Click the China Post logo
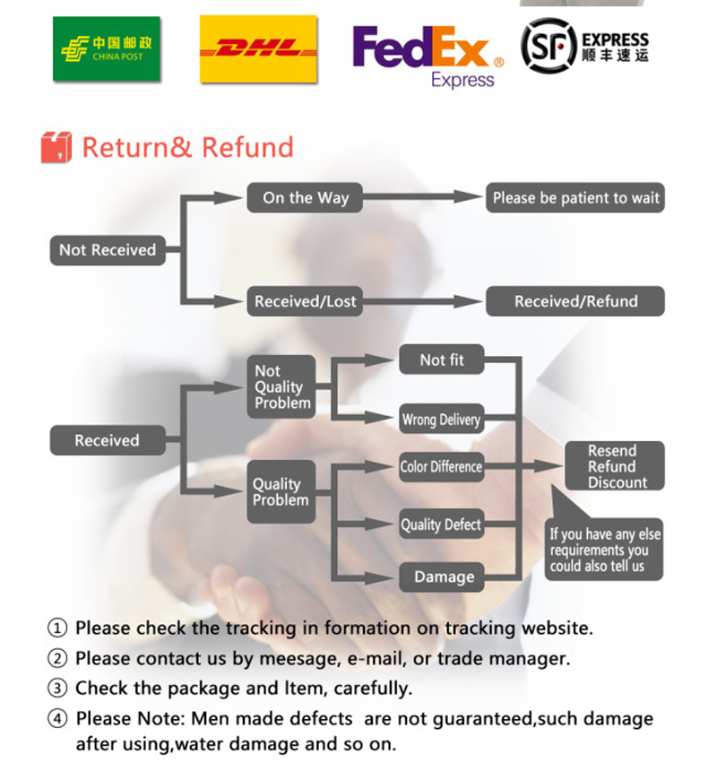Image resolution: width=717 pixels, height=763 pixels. (x=106, y=49)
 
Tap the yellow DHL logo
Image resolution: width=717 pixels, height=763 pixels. (x=258, y=49)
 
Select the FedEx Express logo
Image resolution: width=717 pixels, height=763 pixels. (x=428, y=54)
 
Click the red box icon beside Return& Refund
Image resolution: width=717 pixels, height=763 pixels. (x=56, y=147)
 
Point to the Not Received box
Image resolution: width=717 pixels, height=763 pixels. (x=107, y=250)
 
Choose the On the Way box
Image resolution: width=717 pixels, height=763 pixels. (x=305, y=198)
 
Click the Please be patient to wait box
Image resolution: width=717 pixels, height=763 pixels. (x=575, y=198)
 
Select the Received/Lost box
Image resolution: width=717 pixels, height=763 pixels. (x=305, y=301)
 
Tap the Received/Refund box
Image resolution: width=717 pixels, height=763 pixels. (x=575, y=301)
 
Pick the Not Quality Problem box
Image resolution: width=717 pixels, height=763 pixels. (x=280, y=387)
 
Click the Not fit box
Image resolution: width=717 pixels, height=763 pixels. (x=442, y=360)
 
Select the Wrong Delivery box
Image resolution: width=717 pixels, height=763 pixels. (x=441, y=420)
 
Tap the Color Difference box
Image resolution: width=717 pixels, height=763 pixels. (x=441, y=466)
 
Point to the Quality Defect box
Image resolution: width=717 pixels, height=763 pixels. (x=441, y=525)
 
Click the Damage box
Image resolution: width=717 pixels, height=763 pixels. (x=443, y=577)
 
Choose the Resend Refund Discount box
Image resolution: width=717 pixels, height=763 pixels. (x=614, y=466)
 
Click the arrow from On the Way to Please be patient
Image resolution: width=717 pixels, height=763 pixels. (x=421, y=198)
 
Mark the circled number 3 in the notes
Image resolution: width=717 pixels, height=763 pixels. (x=57, y=689)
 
